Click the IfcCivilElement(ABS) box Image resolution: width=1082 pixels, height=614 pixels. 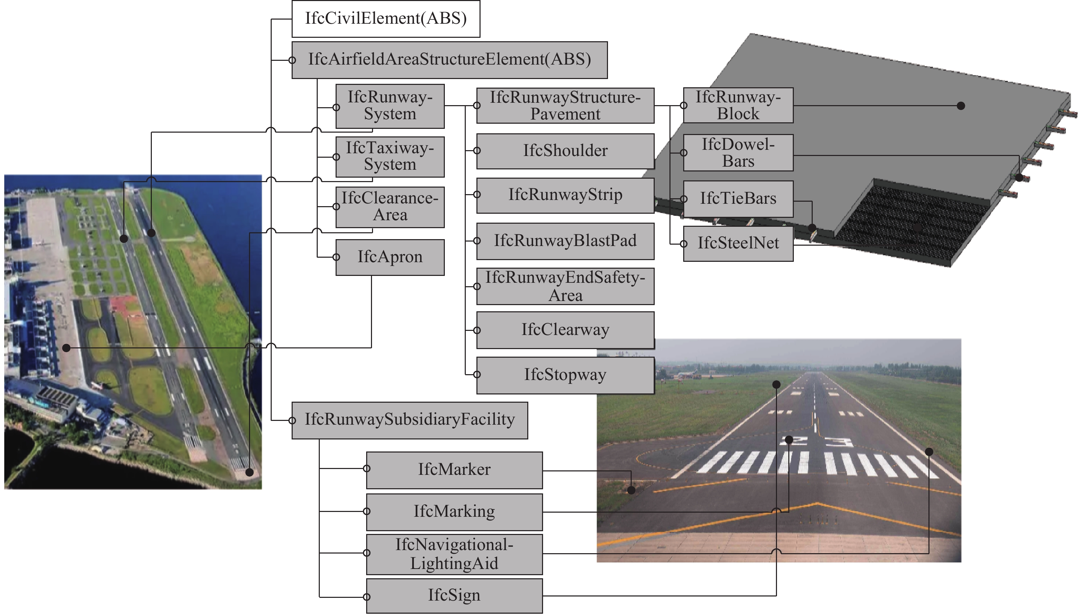(x=386, y=19)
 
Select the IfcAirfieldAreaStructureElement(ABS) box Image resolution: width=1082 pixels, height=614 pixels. (x=449, y=60)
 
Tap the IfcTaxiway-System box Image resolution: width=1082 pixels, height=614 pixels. (x=390, y=156)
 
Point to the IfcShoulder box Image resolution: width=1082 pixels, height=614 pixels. (x=565, y=151)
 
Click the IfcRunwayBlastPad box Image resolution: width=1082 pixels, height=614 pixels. (x=565, y=241)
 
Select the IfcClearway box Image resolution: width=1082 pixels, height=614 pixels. (x=565, y=330)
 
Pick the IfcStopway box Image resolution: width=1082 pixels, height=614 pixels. (x=565, y=375)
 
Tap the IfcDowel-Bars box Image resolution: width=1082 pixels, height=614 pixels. (x=738, y=153)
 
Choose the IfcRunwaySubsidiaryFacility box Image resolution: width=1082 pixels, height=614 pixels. (x=410, y=420)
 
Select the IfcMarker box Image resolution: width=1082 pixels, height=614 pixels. (x=454, y=470)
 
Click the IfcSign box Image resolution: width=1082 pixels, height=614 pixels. (x=454, y=595)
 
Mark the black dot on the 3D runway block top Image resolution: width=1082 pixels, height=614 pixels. (x=961, y=106)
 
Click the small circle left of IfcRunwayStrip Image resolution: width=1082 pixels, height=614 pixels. (x=477, y=194)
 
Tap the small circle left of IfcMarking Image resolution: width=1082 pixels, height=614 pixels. (x=367, y=512)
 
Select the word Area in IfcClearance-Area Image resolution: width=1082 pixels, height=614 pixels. (x=390, y=215)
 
